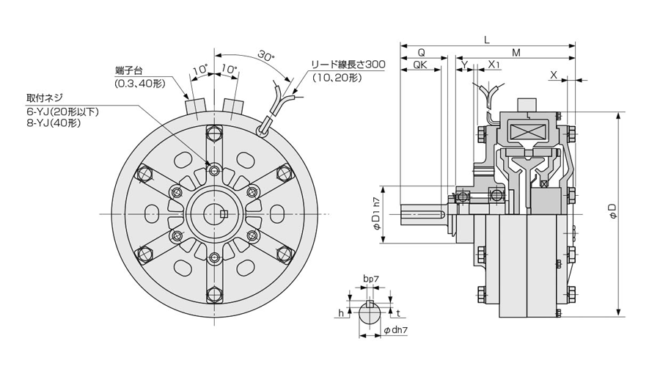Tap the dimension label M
click(x=516, y=52)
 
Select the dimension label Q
click(x=421, y=52)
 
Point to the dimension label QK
click(x=421, y=65)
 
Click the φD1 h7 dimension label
click(x=377, y=214)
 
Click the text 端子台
click(x=128, y=70)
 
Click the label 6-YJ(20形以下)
click(x=62, y=110)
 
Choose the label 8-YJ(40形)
click(x=53, y=122)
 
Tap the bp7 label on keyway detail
click(x=370, y=279)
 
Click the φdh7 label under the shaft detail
click(x=395, y=331)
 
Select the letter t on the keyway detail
click(x=397, y=312)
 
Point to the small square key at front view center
click(x=225, y=213)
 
